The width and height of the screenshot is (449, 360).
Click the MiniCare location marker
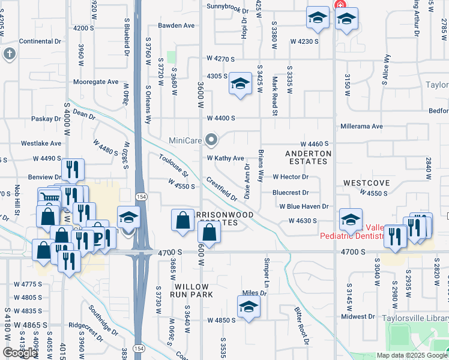click(x=211, y=140)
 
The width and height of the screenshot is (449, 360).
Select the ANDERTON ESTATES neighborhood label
click(x=308, y=158)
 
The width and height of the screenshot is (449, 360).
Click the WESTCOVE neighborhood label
click(x=367, y=182)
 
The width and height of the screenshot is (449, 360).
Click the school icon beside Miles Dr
click(x=249, y=307)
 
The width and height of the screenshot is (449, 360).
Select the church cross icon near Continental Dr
click(x=8, y=55)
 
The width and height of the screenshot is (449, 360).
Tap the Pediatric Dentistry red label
click(x=351, y=236)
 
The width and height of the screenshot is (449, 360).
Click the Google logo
click(x=20, y=353)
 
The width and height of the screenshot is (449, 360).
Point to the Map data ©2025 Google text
click(x=412, y=355)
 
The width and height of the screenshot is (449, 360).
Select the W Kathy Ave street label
click(x=225, y=158)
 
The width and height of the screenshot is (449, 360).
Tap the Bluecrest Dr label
click(x=290, y=193)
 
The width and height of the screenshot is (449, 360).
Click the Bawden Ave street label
click(x=176, y=26)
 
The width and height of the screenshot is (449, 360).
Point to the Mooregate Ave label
click(x=96, y=82)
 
